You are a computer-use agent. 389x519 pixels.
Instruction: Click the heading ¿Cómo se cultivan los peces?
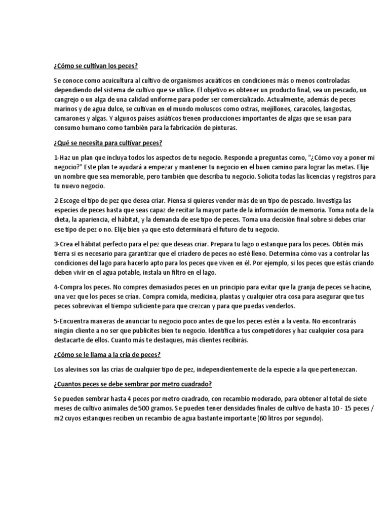click(95, 66)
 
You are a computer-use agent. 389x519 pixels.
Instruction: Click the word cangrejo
click(69, 100)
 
